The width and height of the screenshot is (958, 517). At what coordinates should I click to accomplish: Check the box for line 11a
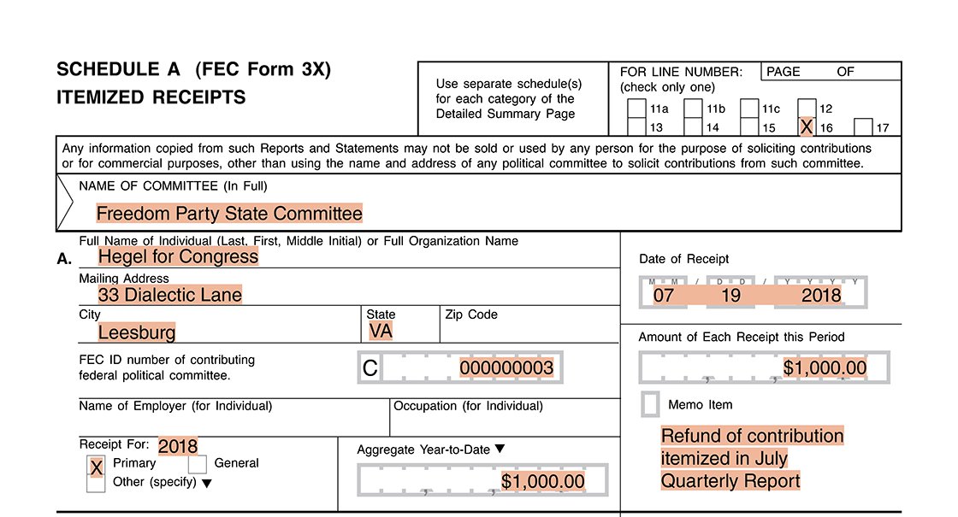tap(636, 109)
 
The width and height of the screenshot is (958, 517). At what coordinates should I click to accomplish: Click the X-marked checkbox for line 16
tap(806, 127)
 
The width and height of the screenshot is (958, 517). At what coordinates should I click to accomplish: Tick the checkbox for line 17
tap(863, 127)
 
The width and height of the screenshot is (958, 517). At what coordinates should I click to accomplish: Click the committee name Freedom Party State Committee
tap(229, 213)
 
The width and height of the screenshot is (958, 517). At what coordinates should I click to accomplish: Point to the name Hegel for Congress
tap(178, 256)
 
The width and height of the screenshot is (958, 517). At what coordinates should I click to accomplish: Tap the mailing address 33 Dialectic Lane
tap(170, 295)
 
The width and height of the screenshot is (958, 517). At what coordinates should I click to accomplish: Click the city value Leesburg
tap(137, 332)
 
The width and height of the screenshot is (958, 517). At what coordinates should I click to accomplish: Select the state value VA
tap(381, 331)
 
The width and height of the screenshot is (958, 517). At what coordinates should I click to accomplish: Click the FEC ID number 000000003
tap(506, 368)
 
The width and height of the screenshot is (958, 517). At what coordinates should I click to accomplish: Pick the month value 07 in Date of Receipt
tap(663, 296)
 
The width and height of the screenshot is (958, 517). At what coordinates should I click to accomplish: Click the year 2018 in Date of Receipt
tap(821, 296)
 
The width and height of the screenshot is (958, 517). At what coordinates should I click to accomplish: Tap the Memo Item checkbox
tap(650, 404)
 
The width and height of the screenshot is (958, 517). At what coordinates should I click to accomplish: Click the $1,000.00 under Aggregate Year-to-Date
tap(543, 481)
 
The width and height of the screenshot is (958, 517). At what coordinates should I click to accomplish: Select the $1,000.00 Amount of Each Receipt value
tap(825, 368)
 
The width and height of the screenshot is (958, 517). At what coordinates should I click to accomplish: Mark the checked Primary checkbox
tap(97, 467)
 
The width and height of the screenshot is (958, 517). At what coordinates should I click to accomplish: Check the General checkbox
tap(197, 464)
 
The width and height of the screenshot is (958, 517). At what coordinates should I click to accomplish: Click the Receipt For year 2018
tap(178, 446)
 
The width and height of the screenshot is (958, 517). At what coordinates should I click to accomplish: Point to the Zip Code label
tap(471, 314)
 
